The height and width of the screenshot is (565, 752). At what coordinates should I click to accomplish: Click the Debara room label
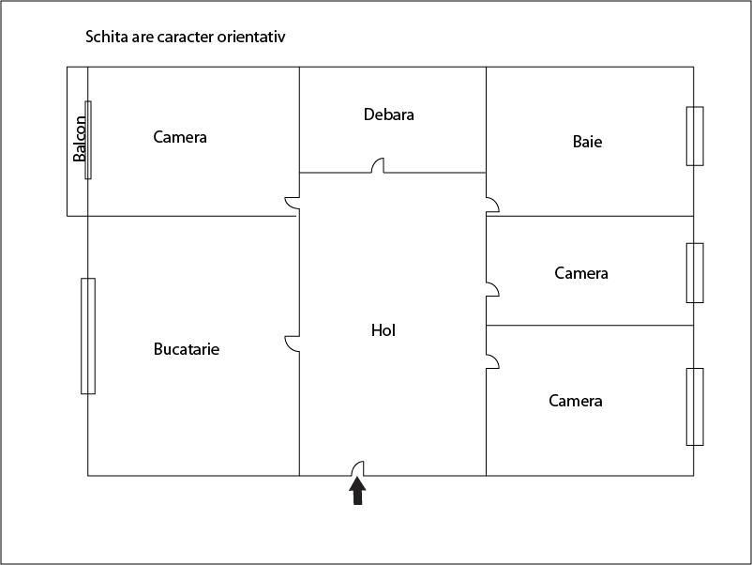tap(389, 115)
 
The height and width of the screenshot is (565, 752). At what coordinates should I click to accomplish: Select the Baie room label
tap(588, 142)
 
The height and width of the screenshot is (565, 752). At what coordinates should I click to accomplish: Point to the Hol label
tap(384, 330)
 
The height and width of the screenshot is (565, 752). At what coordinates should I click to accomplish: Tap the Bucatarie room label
tap(187, 349)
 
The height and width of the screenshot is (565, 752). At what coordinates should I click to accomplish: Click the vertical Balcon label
tap(80, 139)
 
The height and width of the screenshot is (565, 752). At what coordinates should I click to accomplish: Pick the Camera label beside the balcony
tap(180, 137)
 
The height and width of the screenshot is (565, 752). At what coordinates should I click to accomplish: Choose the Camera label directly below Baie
tap(581, 273)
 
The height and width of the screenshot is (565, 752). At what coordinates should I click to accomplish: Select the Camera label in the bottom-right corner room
tap(576, 401)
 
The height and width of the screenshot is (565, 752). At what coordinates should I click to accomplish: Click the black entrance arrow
tap(357, 491)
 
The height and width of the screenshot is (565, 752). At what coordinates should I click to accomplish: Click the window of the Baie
tap(695, 136)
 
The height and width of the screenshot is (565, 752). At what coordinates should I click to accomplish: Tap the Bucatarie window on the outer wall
tap(88, 336)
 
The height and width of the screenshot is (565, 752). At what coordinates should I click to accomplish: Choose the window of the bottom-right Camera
tap(695, 407)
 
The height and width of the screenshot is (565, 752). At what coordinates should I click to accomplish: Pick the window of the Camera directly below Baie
tap(695, 273)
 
